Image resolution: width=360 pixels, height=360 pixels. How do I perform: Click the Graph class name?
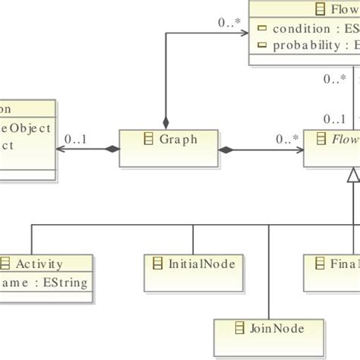[x=179, y=139]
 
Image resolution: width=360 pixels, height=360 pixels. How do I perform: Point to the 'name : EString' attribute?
[x=46, y=283]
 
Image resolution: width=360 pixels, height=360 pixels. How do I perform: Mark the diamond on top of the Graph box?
[x=165, y=123]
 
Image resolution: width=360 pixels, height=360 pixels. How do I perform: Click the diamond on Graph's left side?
[x=112, y=150]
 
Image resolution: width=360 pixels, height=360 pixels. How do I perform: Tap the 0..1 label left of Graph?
[x=76, y=139]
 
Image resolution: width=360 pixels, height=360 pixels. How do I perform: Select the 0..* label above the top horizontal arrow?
[x=230, y=23]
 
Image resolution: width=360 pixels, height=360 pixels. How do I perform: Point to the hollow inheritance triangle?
[x=352, y=176]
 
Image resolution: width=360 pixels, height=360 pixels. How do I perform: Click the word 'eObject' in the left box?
[x=27, y=128]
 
